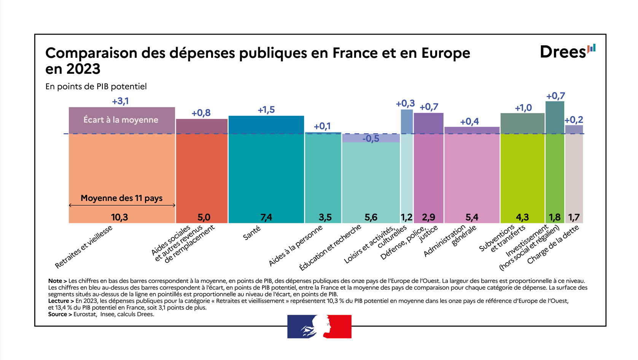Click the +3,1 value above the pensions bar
(120, 101)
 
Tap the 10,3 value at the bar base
(119, 217)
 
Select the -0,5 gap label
(371, 139)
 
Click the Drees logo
(567, 52)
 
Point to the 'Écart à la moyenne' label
(121, 120)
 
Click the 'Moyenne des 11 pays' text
(121, 198)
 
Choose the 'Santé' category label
(252, 233)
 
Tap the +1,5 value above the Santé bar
(266, 110)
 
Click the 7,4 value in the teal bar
(266, 217)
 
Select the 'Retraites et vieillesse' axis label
(84, 247)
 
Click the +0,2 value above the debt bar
(574, 120)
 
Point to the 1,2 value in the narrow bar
(406, 217)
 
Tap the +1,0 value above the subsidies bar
(523, 108)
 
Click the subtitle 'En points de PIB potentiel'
(96, 87)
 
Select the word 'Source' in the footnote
(57, 314)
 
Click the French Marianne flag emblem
(319, 327)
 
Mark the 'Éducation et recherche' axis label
(330, 248)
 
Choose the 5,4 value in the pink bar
(472, 217)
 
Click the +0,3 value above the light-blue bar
(405, 104)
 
